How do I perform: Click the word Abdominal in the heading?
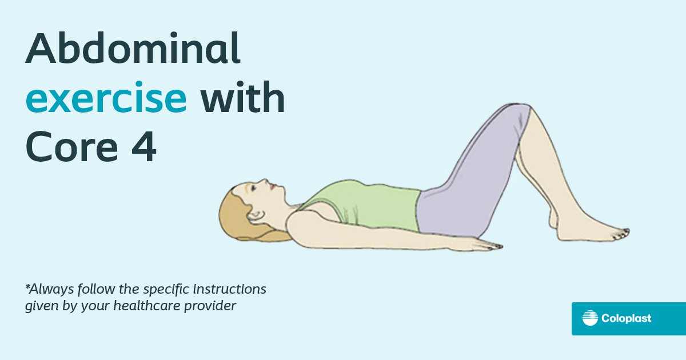tap(133, 49)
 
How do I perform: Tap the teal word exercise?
tap(106, 99)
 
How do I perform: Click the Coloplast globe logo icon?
tap(590, 318)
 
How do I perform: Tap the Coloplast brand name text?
tap(626, 319)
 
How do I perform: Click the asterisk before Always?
tap(27, 285)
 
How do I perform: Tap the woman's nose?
tap(264, 181)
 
